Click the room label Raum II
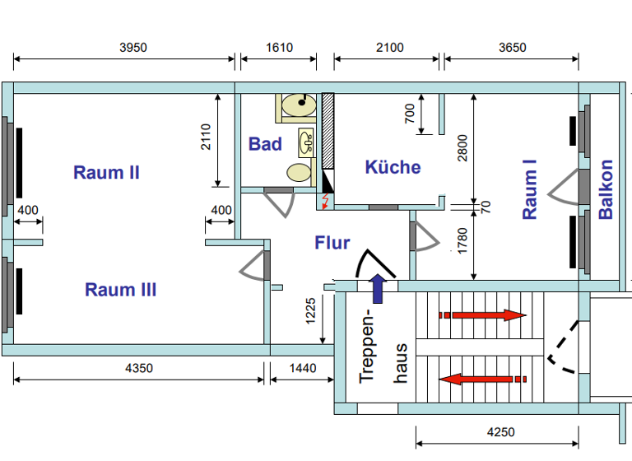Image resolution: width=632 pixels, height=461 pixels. point(106,173)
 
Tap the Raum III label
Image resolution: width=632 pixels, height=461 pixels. point(120,290)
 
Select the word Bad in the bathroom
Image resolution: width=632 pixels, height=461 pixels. point(265,144)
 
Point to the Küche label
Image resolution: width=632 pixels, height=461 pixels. point(393,167)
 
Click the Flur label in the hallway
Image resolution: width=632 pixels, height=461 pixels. point(332,243)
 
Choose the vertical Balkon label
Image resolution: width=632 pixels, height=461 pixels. point(606,189)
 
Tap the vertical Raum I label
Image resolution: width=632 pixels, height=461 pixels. point(530,194)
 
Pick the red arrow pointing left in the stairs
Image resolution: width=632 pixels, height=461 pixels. point(481,379)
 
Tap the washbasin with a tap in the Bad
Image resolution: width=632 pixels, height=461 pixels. point(307,142)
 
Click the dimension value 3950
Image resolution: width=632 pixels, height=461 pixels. point(132,47)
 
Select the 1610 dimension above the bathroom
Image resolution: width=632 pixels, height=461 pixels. point(279,47)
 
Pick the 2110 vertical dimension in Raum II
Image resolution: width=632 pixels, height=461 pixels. point(206,139)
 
